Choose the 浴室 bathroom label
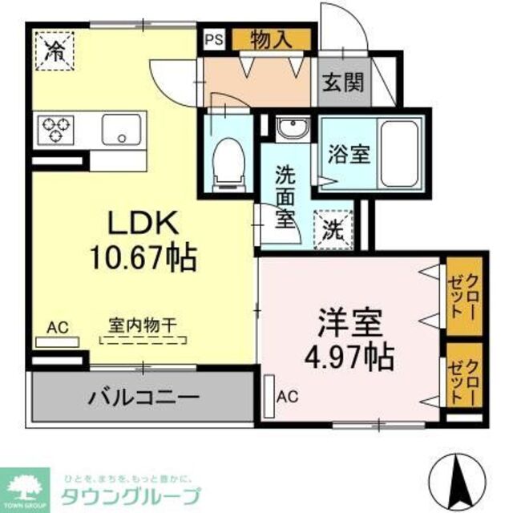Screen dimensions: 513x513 (x=349, y=153)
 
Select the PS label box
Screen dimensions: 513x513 (x=213, y=38)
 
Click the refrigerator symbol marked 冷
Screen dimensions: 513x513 (x=55, y=50)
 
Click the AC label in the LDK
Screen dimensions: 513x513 (x=57, y=326)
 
